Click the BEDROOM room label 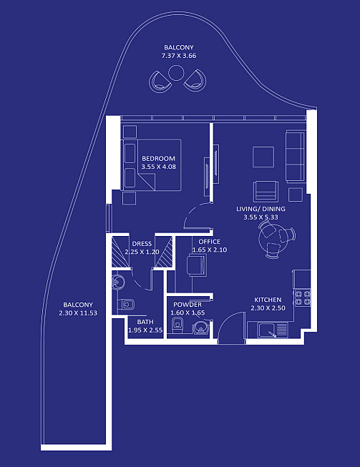pyautogui.click(x=158, y=159)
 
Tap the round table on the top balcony pyautogui.click(x=176, y=73)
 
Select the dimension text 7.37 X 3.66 pyautogui.click(x=179, y=56)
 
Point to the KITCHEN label pyautogui.click(x=268, y=300)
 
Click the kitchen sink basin pyautogui.click(x=268, y=330)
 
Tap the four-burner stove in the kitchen pyautogui.click(x=303, y=298)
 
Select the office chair pyautogui.click(x=197, y=265)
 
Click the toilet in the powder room pyautogui.click(x=177, y=325)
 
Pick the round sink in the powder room pyautogui.click(x=201, y=328)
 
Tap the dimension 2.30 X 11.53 pyautogui.click(x=78, y=313)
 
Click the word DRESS pyautogui.click(x=142, y=244)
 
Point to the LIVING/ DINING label pyautogui.click(x=261, y=209)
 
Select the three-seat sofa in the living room pyautogui.click(x=296, y=156)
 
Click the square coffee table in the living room pyautogui.click(x=263, y=157)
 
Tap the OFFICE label pyautogui.click(x=210, y=242)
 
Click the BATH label pyautogui.click(x=145, y=322)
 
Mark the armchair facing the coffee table pyautogui.click(x=266, y=191)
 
